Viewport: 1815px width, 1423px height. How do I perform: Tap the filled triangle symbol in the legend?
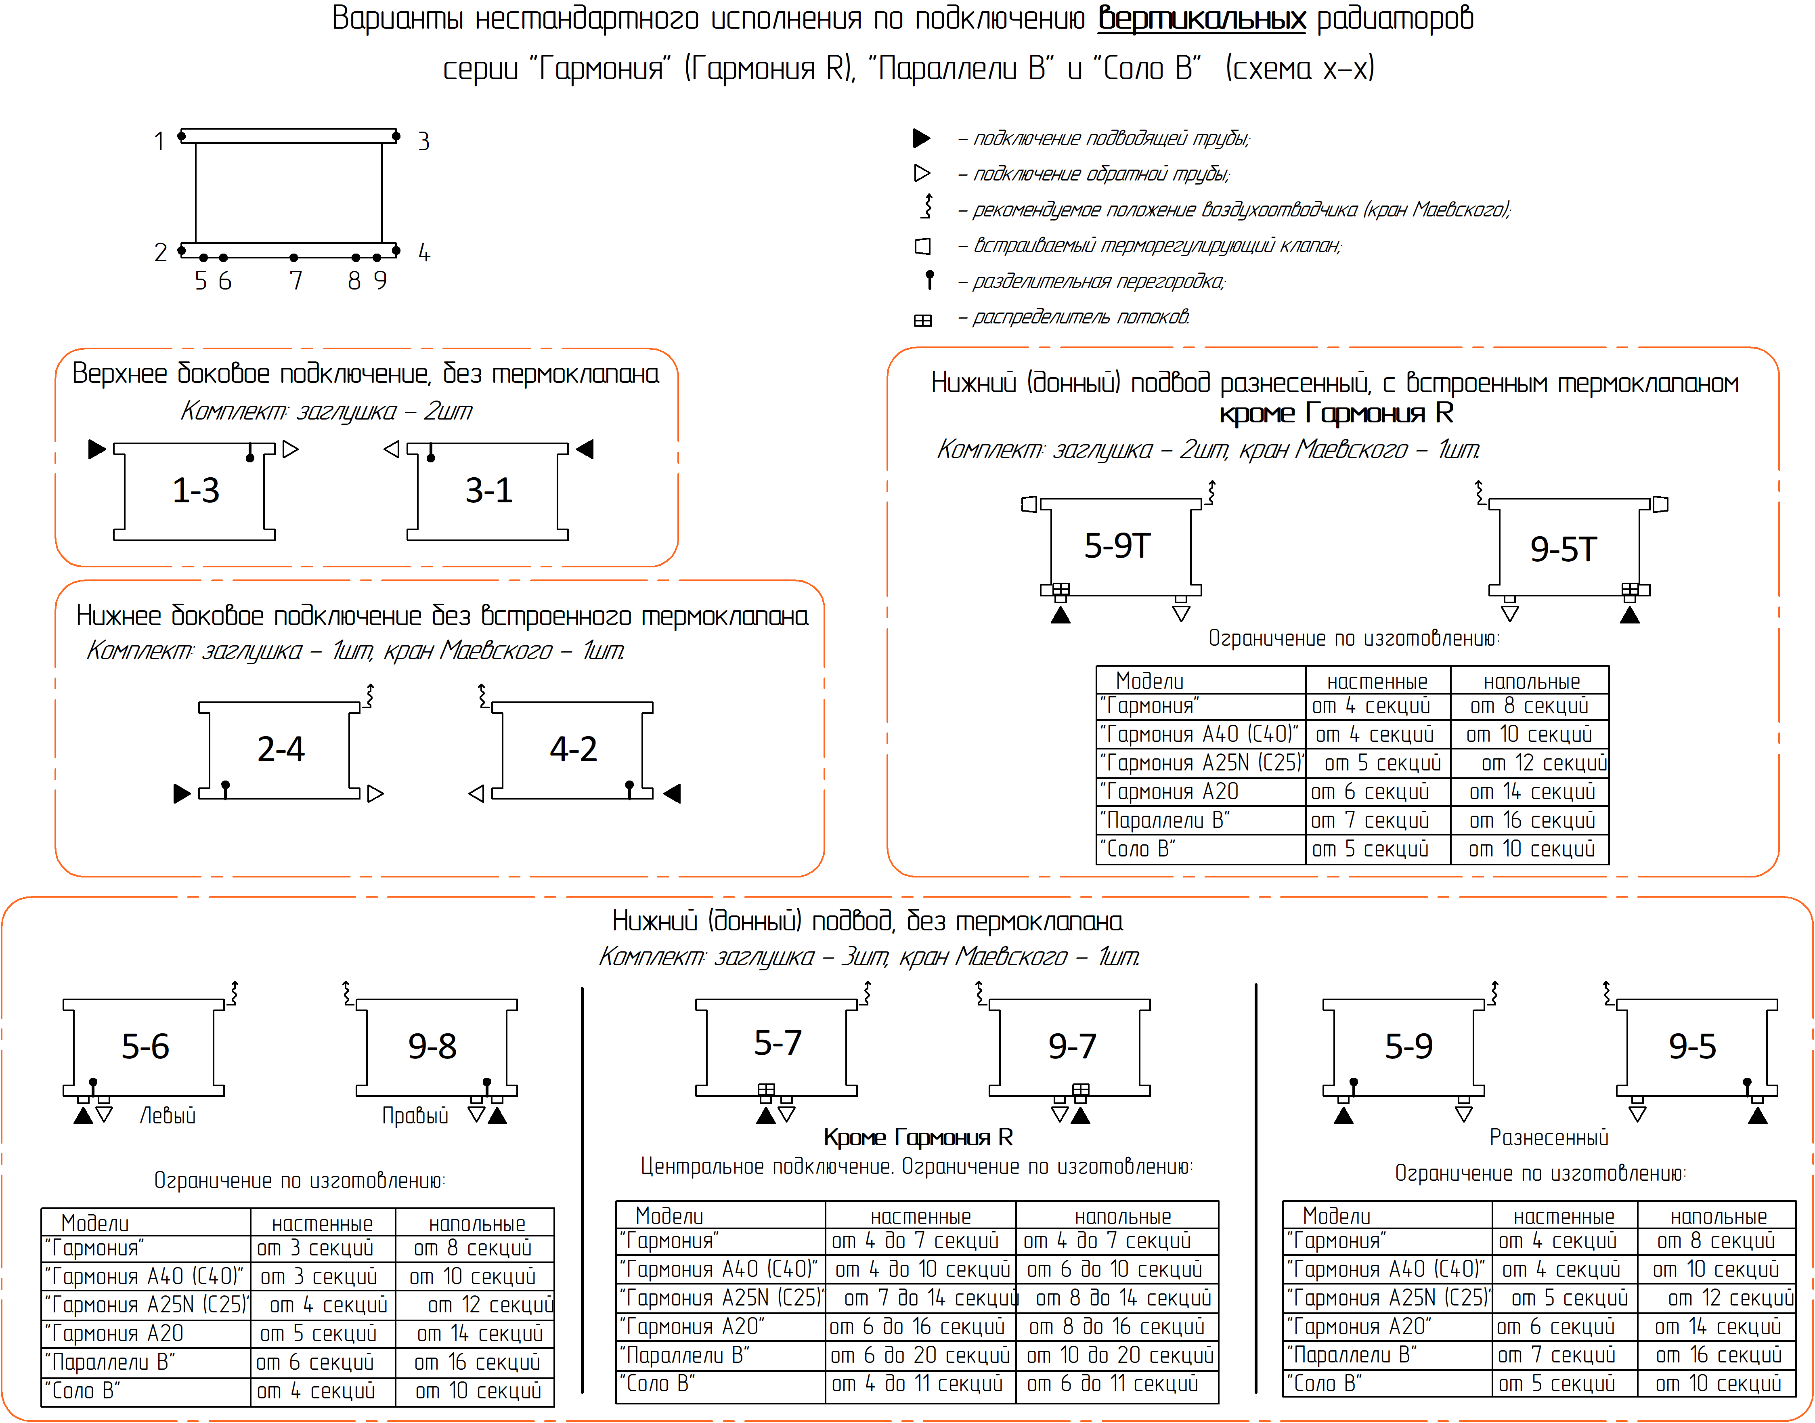tap(921, 137)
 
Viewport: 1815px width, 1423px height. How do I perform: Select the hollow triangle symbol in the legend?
tap(921, 173)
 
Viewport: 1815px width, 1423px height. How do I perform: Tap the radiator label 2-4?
tap(281, 749)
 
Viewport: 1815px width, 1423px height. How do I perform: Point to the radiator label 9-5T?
tap(1563, 549)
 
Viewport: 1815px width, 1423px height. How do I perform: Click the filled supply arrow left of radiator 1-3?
tap(96, 449)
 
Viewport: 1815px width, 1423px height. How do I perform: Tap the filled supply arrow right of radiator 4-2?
tap(672, 793)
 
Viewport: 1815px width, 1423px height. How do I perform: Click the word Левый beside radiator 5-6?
tap(168, 1116)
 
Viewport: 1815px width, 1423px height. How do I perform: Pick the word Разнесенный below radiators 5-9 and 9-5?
tap(1549, 1137)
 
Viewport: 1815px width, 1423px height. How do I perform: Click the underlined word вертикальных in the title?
tap(1201, 18)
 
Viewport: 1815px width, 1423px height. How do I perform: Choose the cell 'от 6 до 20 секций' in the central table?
tap(920, 1356)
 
